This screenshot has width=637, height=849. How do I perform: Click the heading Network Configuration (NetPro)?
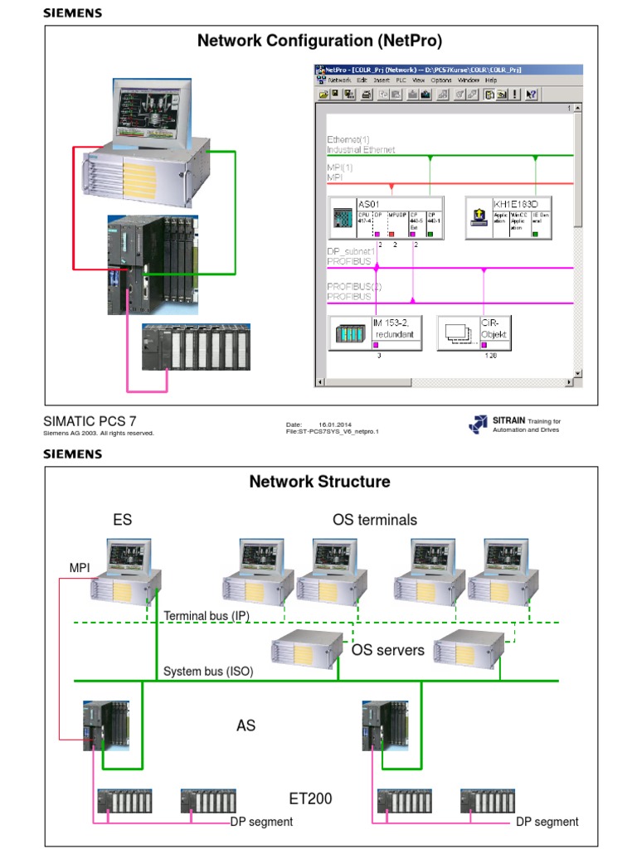(x=319, y=41)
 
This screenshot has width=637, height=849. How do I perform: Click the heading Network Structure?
(x=319, y=482)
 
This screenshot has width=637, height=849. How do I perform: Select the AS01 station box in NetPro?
(x=386, y=218)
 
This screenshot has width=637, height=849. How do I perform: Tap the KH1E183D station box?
(x=508, y=218)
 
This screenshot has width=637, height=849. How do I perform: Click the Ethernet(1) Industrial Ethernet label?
(x=360, y=145)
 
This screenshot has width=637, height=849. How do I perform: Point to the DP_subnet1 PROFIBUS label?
(x=351, y=255)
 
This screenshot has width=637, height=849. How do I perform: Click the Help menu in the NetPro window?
(x=491, y=80)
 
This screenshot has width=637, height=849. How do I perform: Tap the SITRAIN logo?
(x=479, y=424)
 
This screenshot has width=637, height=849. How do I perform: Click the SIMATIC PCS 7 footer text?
(x=90, y=421)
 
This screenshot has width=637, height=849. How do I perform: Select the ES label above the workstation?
(x=123, y=520)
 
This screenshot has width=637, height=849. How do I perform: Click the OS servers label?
(x=387, y=650)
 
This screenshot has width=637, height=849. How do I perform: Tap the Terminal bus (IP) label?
(x=207, y=616)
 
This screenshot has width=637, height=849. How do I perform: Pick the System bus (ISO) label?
(x=208, y=671)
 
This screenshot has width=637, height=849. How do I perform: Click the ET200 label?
(x=310, y=799)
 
